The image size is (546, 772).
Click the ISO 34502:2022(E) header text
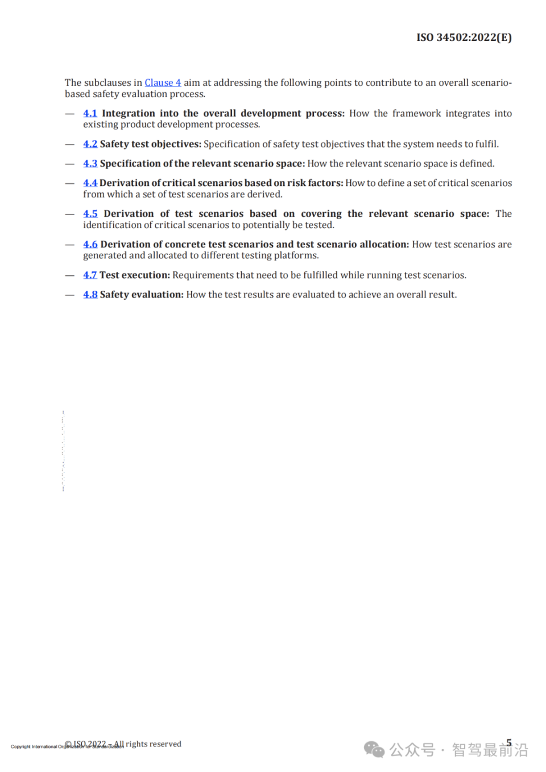pos(464,38)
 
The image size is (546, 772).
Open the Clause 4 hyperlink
pos(163,82)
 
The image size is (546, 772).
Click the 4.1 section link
pos(90,113)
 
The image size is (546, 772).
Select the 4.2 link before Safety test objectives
pos(90,144)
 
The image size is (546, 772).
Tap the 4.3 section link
pos(90,163)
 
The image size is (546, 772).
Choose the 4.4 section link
pos(90,183)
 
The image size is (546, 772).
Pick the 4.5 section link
pos(90,213)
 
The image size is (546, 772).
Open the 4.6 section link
pos(90,244)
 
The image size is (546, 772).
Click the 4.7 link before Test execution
pos(90,275)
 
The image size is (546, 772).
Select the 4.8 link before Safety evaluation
pos(90,294)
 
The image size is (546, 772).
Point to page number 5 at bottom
pos(509,742)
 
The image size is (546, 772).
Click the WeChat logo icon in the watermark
pos(374,749)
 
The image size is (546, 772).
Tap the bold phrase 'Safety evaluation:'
pos(142,294)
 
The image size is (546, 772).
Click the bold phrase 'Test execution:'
pos(135,275)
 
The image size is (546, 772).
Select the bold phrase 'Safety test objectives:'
pos(151,144)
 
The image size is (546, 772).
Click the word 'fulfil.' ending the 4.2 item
pos(486,144)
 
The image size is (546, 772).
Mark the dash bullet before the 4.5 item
pos(70,214)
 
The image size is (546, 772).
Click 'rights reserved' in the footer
pos(154,744)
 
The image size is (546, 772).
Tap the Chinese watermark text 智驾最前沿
pos(490,750)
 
